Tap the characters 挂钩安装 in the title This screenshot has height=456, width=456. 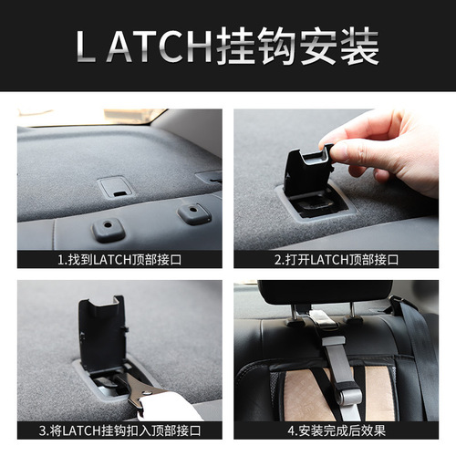(x=297, y=46)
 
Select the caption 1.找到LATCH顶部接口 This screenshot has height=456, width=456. (x=119, y=259)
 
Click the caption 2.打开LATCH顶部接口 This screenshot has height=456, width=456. (x=336, y=259)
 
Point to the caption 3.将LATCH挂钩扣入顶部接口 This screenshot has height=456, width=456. (x=119, y=430)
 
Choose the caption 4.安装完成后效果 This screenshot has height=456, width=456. (x=336, y=430)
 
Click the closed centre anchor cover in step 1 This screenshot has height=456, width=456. (x=116, y=188)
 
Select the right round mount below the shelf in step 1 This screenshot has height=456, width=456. (x=193, y=213)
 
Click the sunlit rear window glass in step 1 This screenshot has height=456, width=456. (x=91, y=118)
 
